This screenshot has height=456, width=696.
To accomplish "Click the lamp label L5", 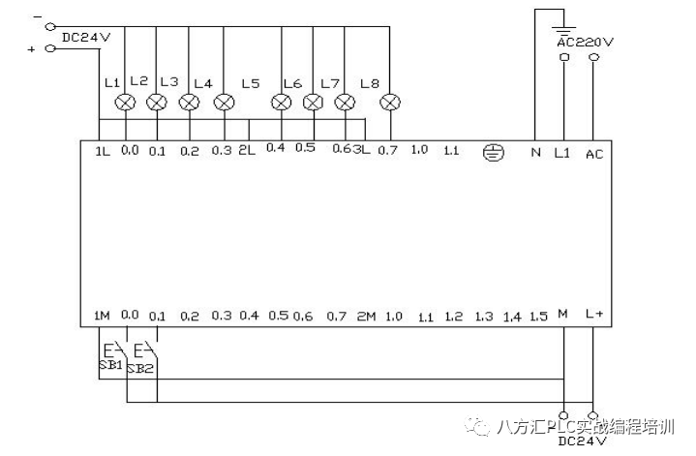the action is pyautogui.click(x=251, y=83).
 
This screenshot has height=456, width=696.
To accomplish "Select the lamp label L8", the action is pyautogui.click(x=369, y=83).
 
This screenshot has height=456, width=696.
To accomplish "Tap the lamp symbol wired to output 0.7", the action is pyautogui.click(x=390, y=101).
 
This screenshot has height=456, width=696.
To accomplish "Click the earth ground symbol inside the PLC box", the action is pyautogui.click(x=493, y=152).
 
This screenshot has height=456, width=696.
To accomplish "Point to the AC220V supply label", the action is pyautogui.click(x=586, y=42).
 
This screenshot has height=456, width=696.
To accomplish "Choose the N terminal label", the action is pyautogui.click(x=535, y=152).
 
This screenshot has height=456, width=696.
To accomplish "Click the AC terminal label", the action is pyautogui.click(x=594, y=153).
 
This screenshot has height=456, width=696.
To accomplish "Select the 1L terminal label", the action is pyautogui.click(x=103, y=152).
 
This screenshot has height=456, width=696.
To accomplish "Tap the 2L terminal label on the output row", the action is pyautogui.click(x=247, y=151).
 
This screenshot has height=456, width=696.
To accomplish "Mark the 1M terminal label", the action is pyautogui.click(x=102, y=316).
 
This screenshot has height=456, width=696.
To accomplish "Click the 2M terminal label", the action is pyautogui.click(x=365, y=316).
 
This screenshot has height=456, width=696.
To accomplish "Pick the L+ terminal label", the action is pyautogui.click(x=594, y=316).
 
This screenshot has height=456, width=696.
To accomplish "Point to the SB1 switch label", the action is pyautogui.click(x=109, y=365).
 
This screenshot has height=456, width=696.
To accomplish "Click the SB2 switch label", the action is pyautogui.click(x=141, y=368).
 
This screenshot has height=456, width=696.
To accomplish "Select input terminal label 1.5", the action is pyautogui.click(x=539, y=317).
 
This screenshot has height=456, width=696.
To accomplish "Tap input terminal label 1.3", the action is pyautogui.click(x=484, y=317).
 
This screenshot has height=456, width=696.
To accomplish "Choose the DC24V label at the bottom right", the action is pyautogui.click(x=582, y=441).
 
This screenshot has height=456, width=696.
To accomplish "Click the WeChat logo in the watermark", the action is pyautogui.click(x=475, y=427).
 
